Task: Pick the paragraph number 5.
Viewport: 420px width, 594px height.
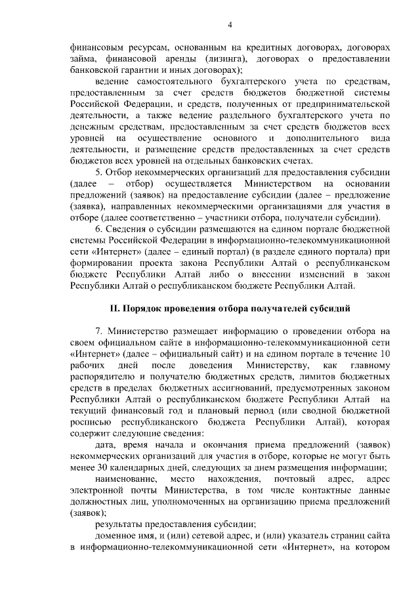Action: coord(98,172)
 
